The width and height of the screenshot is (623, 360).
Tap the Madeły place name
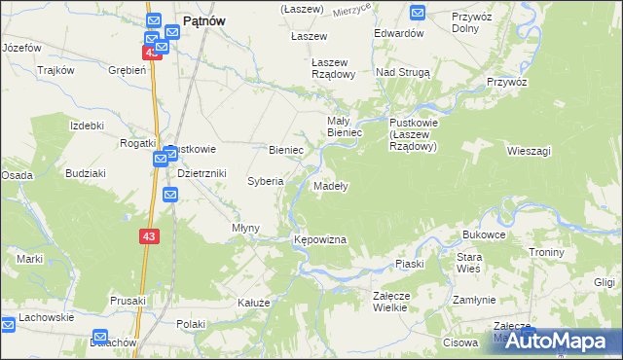tap(331, 185)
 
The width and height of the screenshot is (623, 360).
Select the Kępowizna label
tap(320, 238)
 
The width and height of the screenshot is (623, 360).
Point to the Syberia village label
tap(265, 181)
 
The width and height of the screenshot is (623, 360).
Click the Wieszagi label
tap(530, 151)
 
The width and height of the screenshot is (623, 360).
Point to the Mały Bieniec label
tap(345, 126)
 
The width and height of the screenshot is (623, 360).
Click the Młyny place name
tap(245, 228)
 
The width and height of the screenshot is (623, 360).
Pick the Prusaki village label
tap(128, 301)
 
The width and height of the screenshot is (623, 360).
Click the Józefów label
tap(21, 47)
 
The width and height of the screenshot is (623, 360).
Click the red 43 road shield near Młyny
tap(148, 236)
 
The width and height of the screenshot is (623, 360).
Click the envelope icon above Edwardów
tap(418, 13)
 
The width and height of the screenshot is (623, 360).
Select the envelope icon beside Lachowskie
tap(8, 320)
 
